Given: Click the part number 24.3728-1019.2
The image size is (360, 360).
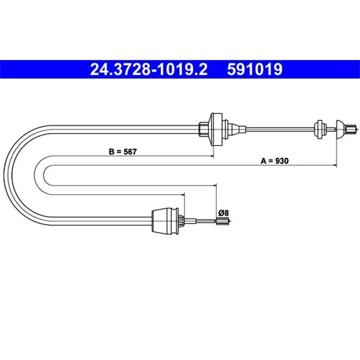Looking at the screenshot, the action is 149,69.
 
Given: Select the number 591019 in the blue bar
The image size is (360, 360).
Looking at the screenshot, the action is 255,69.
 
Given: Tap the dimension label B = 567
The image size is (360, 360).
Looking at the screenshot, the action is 122,152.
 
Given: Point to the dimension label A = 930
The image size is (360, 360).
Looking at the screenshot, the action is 275,161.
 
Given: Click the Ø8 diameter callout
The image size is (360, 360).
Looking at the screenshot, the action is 223,213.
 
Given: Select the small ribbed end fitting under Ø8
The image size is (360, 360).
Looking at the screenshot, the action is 222,221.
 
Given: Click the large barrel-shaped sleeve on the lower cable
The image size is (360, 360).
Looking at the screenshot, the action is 165,221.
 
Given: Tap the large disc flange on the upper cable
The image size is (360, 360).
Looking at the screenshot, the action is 216,129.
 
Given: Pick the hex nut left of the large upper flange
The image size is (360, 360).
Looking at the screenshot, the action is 204,129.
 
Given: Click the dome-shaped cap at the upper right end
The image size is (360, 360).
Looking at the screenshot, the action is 341,129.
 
